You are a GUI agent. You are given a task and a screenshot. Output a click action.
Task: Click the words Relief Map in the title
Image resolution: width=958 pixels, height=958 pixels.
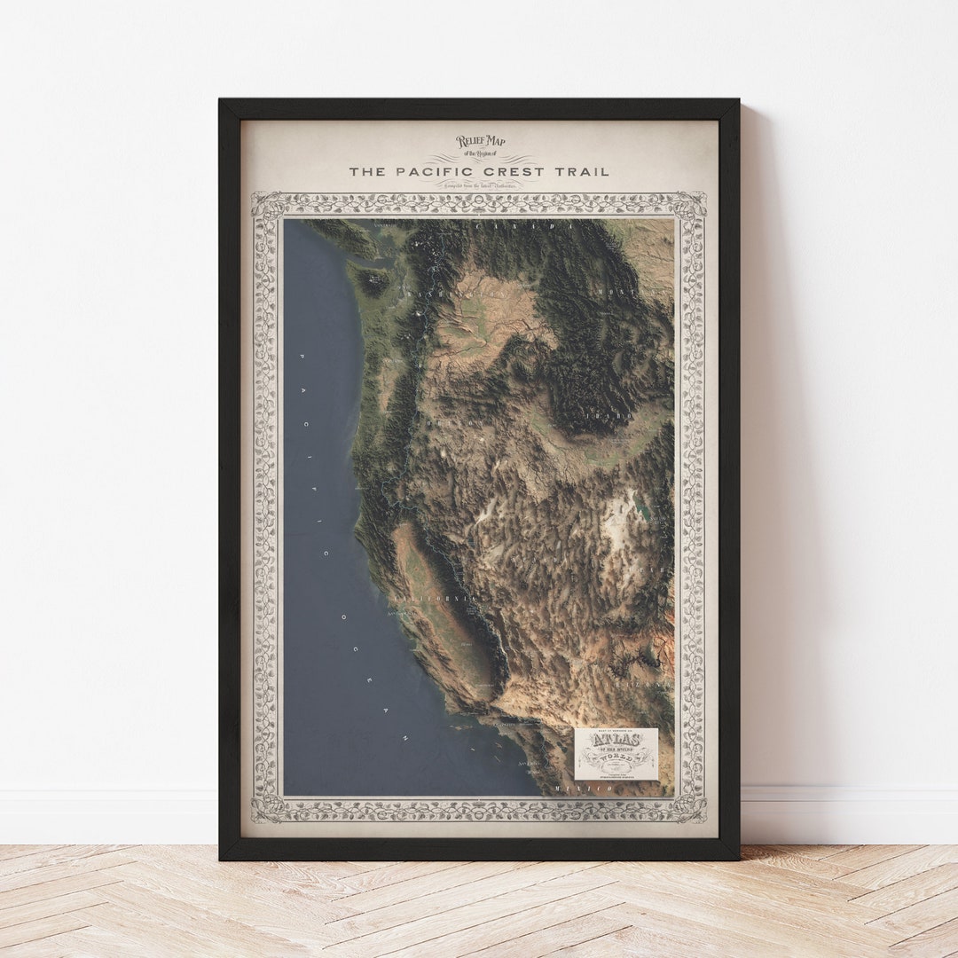480,141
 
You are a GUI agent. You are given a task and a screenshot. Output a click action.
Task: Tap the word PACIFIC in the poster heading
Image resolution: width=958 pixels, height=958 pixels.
425,171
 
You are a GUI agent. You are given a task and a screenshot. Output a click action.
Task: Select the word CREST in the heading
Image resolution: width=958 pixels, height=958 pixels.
508,171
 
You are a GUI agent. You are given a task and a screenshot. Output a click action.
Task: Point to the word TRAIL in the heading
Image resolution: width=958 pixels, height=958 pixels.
580,171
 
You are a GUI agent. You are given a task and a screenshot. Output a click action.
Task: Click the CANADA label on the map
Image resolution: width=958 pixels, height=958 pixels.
523,228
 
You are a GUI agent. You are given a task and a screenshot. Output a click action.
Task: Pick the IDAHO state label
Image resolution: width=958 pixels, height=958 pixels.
609,414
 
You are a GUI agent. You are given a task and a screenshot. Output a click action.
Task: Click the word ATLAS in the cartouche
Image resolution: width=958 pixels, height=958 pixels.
616,740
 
